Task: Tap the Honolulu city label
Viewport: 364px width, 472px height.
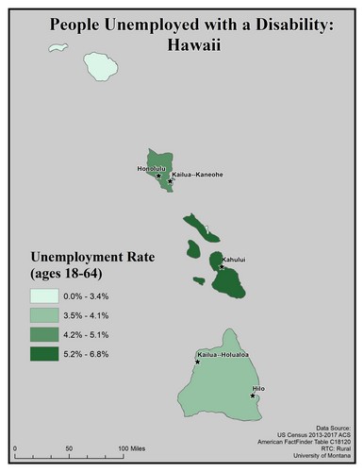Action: point(151,168)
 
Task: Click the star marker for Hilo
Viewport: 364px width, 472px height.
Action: point(253,396)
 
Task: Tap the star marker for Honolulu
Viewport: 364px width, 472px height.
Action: point(157,175)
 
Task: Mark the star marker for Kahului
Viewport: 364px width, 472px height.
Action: point(222,267)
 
